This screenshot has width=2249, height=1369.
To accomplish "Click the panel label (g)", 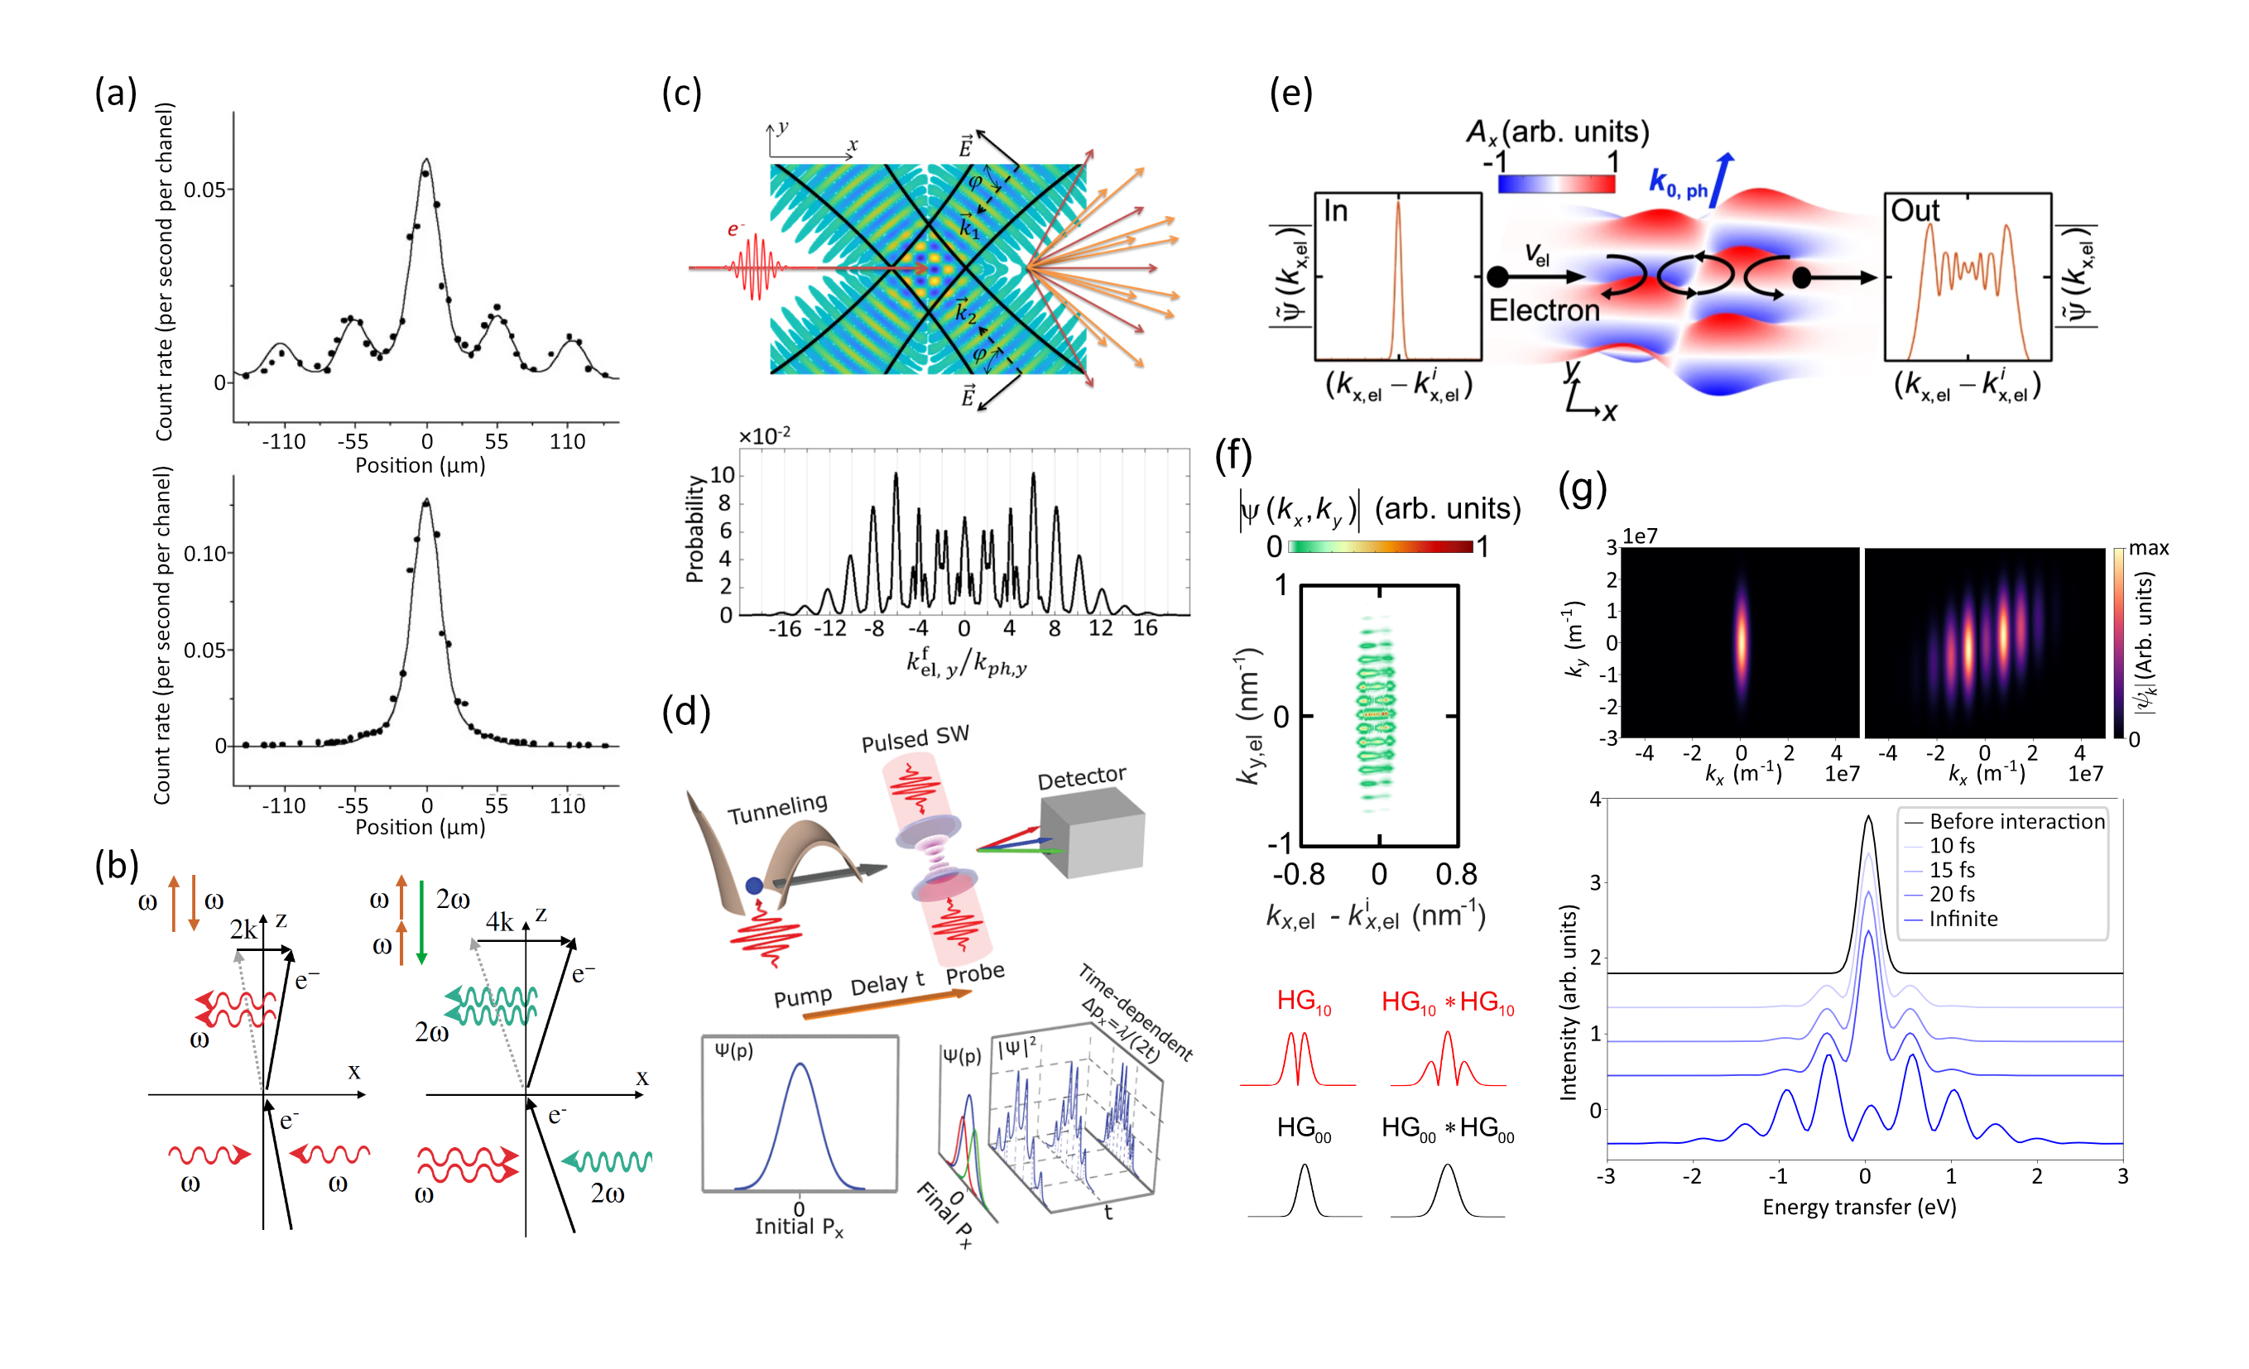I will [x=1582, y=489].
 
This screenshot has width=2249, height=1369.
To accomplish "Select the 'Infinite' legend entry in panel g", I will [x=1963, y=919].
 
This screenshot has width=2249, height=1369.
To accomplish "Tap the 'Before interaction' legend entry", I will [x=2016, y=821].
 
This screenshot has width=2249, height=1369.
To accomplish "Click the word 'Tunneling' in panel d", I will [x=776, y=809].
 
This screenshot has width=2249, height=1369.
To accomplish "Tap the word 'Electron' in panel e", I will [x=1544, y=311].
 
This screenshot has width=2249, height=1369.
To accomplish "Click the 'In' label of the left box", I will [x=1335, y=212].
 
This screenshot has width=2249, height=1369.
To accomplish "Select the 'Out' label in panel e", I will [x=1914, y=212].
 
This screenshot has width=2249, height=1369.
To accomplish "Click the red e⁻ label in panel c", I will [x=736, y=229].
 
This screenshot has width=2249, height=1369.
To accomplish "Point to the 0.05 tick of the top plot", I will [x=204, y=190].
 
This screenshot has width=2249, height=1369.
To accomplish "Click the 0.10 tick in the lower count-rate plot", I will [x=204, y=554].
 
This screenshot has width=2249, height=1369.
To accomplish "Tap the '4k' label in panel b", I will [x=499, y=922].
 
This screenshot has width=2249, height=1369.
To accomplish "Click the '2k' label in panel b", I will [x=243, y=929].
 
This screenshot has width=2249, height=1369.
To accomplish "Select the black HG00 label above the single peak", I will [x=1304, y=1129].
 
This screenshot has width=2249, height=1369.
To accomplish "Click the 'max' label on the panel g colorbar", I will [x=2148, y=549].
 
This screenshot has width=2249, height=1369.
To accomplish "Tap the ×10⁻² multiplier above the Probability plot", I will [x=764, y=436].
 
